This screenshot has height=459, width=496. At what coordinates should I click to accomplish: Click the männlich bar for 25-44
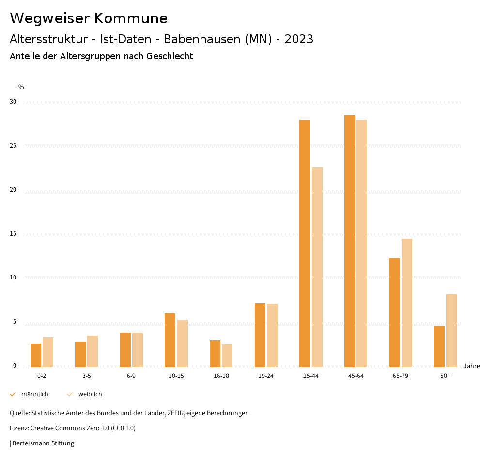click(x=305, y=243)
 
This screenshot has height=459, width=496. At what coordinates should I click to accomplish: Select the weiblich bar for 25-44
click(x=317, y=267)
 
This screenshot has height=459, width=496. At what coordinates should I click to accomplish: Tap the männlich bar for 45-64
click(x=350, y=241)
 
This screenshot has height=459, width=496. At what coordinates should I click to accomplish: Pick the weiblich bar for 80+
click(x=451, y=330)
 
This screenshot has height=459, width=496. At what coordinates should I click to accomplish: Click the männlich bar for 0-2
click(x=36, y=355)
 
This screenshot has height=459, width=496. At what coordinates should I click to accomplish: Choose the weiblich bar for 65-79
click(x=407, y=303)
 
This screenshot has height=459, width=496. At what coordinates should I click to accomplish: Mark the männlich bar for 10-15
click(x=170, y=340)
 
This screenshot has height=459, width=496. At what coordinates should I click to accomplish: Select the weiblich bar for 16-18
click(x=227, y=356)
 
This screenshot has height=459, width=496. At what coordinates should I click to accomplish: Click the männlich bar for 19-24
click(x=260, y=335)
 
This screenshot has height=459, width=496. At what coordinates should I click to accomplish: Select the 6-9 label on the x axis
click(x=131, y=376)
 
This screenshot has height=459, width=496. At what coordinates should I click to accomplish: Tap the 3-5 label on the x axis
click(x=86, y=376)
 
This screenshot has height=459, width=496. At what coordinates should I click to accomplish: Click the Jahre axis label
click(x=471, y=366)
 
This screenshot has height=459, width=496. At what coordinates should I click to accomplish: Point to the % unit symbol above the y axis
click(x=21, y=87)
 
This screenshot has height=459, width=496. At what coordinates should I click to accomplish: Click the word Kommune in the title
click(x=131, y=18)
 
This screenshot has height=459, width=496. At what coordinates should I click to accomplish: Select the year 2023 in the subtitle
click(x=299, y=39)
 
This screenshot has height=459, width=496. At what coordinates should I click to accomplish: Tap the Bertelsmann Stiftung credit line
click(x=43, y=443)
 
